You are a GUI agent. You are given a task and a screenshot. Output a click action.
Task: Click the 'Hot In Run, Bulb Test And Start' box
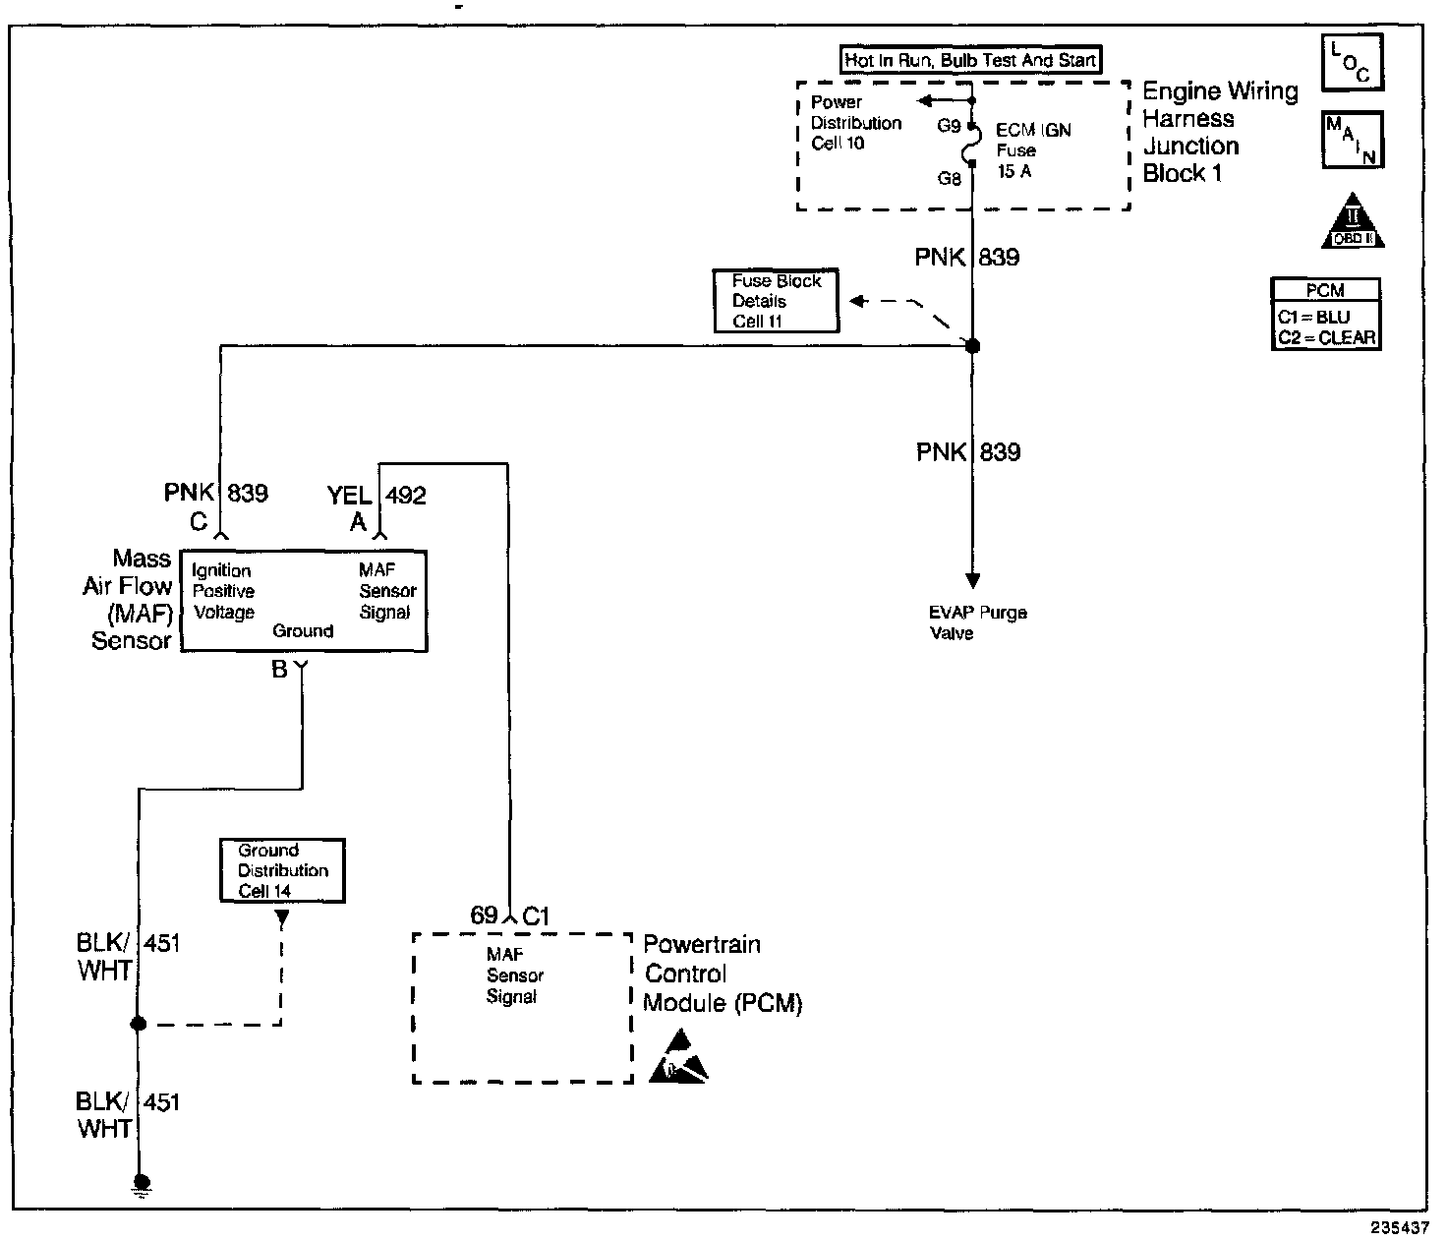click(970, 60)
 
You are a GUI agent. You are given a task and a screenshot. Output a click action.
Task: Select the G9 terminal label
click(949, 126)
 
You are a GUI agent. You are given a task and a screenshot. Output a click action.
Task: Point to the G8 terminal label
click(949, 179)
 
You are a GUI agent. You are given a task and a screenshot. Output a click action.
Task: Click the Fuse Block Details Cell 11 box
click(776, 301)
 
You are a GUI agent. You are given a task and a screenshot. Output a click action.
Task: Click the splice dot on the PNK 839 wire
click(972, 345)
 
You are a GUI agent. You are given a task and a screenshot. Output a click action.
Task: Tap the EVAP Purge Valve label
click(977, 622)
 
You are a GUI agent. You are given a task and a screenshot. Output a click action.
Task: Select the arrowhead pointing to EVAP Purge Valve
click(972, 581)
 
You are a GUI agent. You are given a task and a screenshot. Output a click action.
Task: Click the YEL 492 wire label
click(376, 496)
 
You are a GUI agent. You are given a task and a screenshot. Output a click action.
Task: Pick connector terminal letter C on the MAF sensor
click(199, 522)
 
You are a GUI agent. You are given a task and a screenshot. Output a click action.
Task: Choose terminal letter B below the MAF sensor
click(279, 670)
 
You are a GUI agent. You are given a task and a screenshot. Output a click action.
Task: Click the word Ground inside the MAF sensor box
click(303, 631)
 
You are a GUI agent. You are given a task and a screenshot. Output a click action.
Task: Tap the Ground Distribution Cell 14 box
click(282, 870)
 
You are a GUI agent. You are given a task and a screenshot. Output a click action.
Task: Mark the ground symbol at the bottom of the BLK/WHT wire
click(142, 1185)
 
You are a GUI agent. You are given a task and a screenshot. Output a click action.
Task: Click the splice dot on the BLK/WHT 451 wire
click(139, 1024)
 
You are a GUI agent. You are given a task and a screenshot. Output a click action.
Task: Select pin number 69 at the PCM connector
click(484, 915)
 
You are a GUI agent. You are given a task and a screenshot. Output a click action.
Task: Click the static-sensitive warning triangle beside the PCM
click(677, 1056)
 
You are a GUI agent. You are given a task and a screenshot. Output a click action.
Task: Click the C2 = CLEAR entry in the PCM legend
click(1326, 337)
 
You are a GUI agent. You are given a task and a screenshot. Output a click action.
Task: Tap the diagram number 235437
click(1400, 1227)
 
